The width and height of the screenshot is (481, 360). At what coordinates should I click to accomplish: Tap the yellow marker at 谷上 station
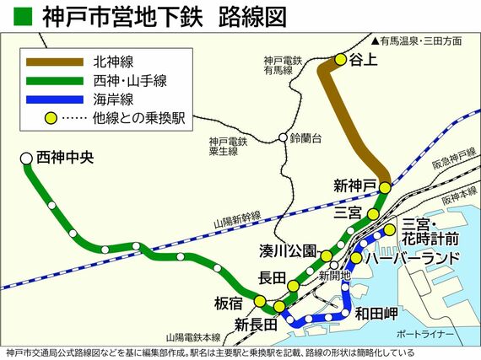(341, 60)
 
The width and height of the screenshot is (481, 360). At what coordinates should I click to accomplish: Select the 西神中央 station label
(62, 157)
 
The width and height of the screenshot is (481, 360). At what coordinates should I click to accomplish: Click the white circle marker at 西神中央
(25, 158)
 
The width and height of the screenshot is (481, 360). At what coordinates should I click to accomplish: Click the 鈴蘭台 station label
(307, 137)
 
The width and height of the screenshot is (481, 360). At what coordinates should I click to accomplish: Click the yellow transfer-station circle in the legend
(51, 119)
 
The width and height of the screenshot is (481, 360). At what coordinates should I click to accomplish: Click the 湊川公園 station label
(288, 250)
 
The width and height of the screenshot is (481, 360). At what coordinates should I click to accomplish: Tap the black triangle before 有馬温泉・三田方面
(376, 40)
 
